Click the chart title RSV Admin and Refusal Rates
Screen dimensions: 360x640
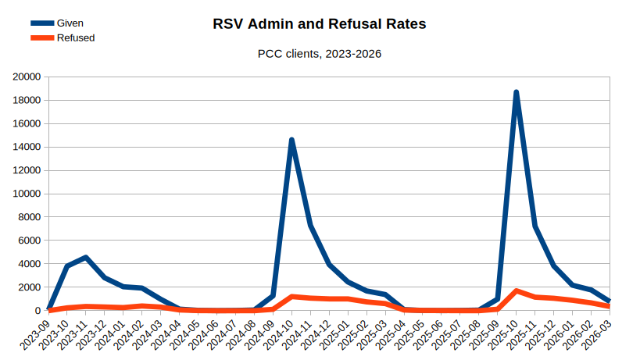tap(320, 24)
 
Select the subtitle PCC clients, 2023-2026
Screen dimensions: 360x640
tap(320, 54)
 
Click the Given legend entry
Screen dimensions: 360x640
tap(70, 23)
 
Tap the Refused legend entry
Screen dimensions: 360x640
tap(76, 37)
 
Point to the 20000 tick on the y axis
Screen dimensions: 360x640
tap(27, 77)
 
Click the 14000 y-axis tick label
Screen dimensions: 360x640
tap(27, 147)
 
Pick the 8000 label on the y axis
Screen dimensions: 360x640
tap(30, 217)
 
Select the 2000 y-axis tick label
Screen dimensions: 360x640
tap(30, 287)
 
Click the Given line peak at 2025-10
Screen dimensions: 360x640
tap(517, 92)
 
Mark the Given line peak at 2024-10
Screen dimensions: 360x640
tap(291, 140)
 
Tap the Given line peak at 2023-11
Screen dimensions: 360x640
tap(86, 258)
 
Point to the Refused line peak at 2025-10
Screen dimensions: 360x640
tap(517, 291)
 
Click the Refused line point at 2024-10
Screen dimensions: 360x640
tap(291, 297)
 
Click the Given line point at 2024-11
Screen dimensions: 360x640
tap(310, 226)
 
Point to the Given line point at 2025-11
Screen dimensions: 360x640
tap(535, 226)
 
